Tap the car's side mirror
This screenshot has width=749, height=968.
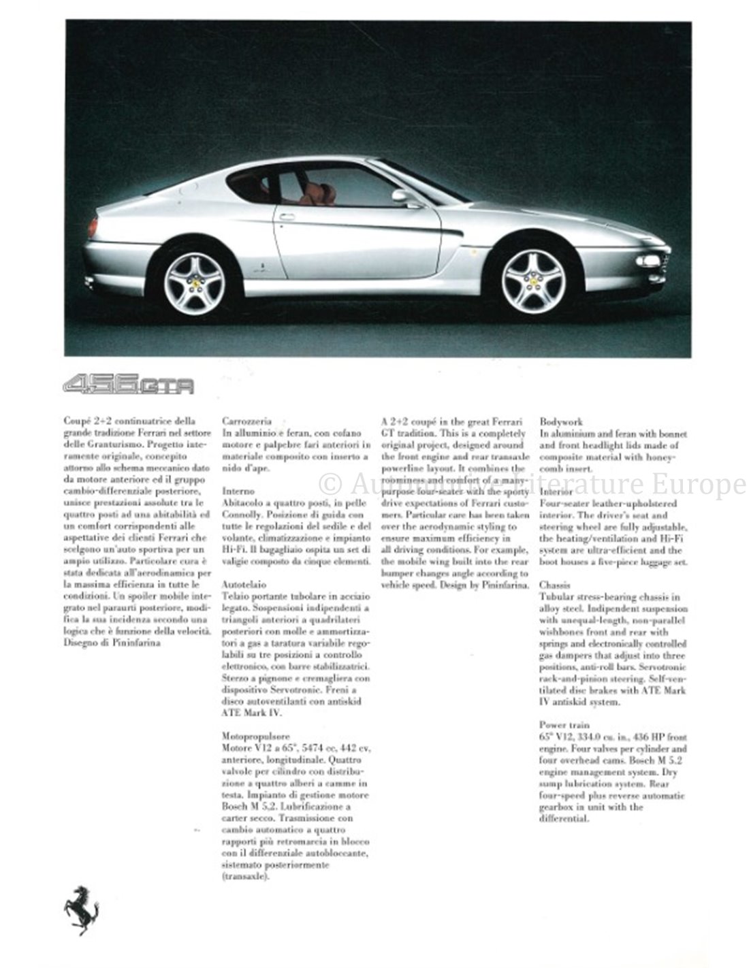click(x=400, y=197)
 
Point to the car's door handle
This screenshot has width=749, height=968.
click(x=287, y=217)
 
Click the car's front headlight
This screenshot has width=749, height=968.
click(x=648, y=261)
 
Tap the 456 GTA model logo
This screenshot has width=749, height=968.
click(x=129, y=385)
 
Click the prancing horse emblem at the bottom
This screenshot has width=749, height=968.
click(x=81, y=909)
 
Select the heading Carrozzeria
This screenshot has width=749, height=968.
click(x=246, y=421)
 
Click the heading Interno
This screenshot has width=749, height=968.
click(x=238, y=491)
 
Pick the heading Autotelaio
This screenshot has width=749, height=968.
click(x=243, y=584)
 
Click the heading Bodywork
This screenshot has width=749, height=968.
click(x=561, y=422)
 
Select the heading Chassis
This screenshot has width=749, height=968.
click(x=554, y=585)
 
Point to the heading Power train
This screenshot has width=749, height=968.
click(x=564, y=725)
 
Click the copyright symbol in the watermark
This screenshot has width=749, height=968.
click(x=330, y=483)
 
